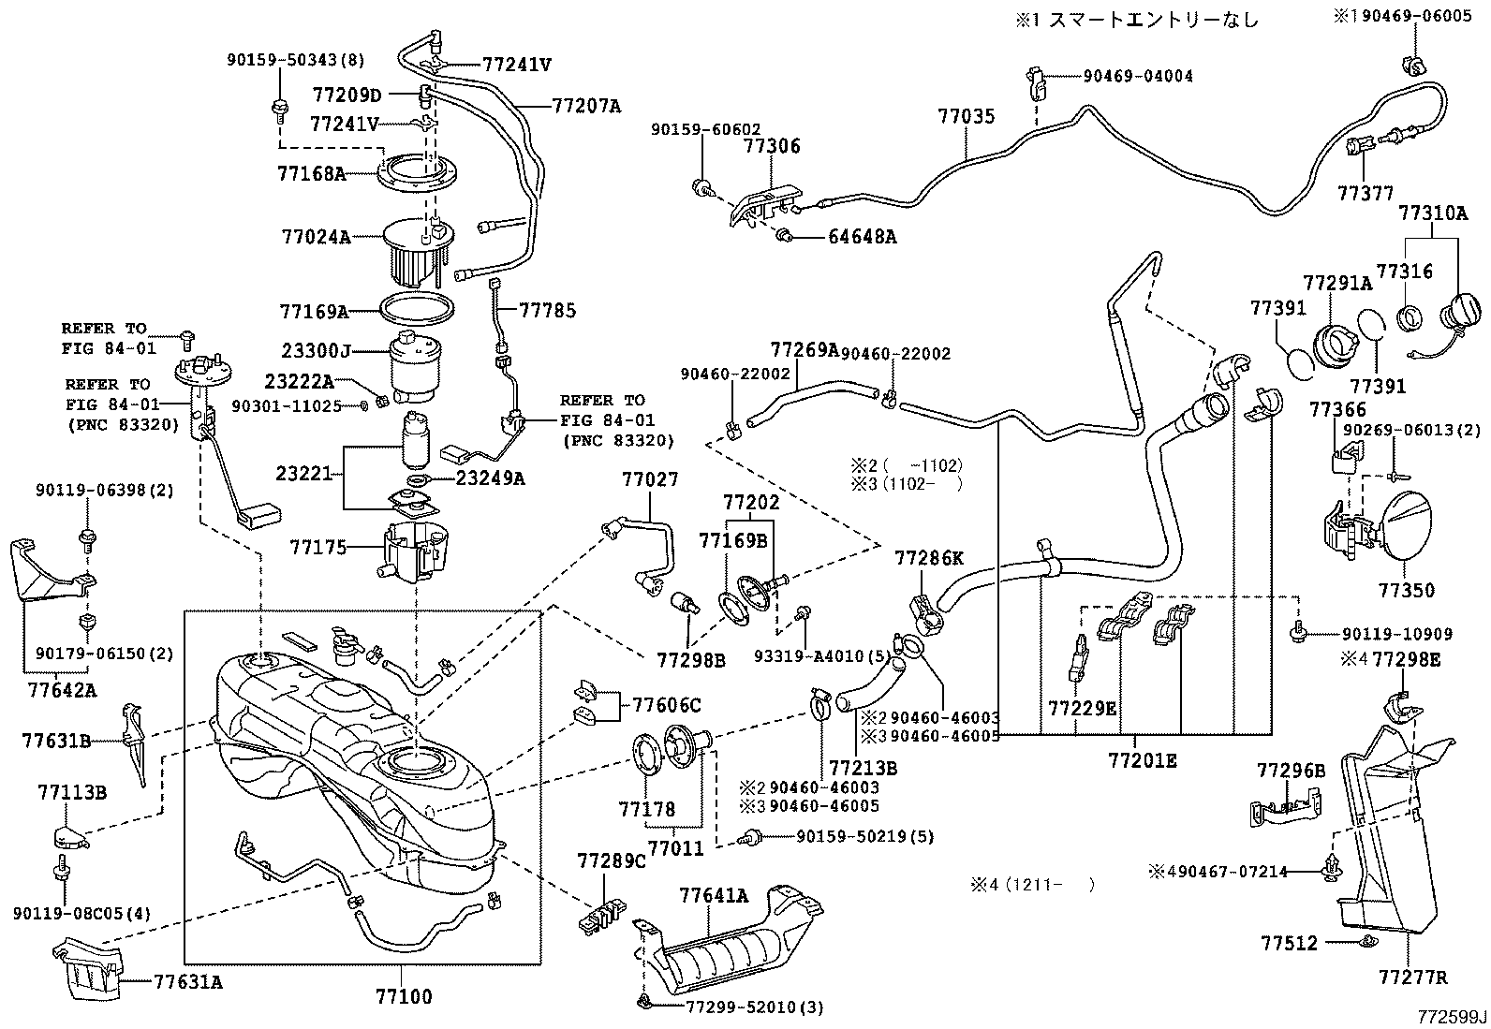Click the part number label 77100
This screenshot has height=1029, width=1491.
tap(404, 996)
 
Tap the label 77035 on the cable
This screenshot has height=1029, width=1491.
tap(967, 117)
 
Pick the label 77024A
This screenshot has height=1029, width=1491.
tap(316, 237)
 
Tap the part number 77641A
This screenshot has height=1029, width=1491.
tap(714, 895)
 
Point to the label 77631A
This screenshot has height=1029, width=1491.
tap(188, 982)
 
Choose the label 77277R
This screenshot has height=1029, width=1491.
tap(1412, 978)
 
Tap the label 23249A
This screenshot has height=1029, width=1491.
tap(490, 478)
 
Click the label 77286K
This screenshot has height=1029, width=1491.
tap(928, 559)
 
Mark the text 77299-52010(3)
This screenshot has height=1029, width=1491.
tap(754, 1007)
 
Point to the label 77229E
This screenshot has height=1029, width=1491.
tap(1082, 708)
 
